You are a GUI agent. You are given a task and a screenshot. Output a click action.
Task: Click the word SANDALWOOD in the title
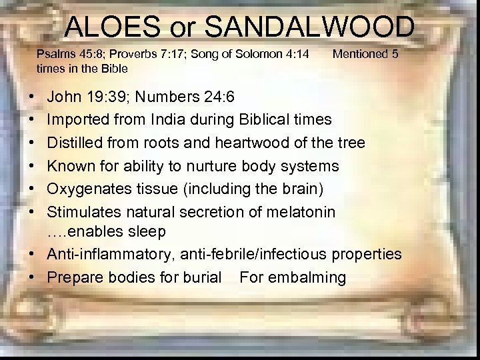tap(310, 27)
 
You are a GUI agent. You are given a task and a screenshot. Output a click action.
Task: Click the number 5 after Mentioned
tap(395, 54)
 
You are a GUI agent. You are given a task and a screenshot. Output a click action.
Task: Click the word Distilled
tap(75, 143)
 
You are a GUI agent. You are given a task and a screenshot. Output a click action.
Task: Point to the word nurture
tap(231, 166)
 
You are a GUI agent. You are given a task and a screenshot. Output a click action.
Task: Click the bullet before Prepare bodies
tap(33, 277)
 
